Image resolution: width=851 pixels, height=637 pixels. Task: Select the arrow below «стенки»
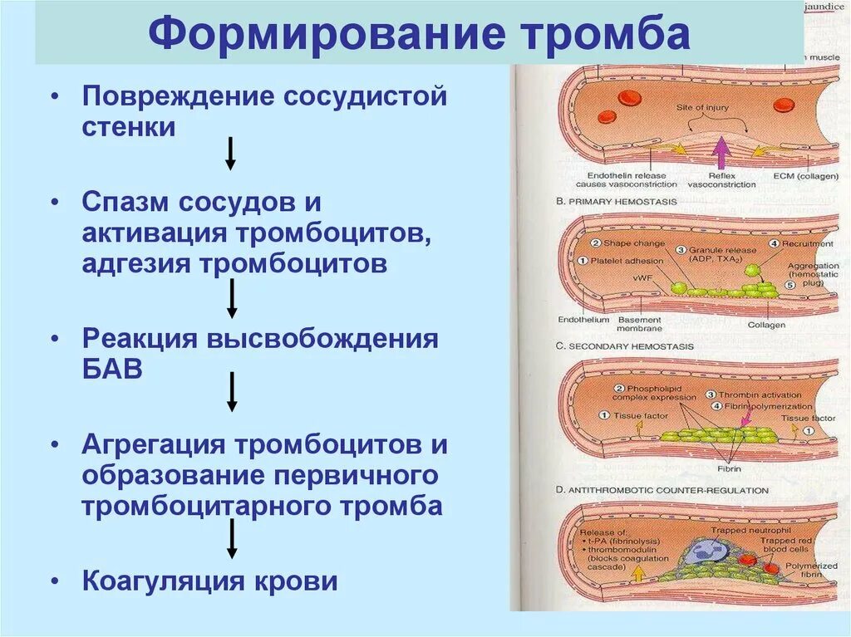click(x=231, y=154)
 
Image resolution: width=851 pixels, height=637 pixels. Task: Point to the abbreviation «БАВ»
click(x=112, y=370)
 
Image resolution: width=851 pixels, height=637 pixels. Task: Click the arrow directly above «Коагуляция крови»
click(x=233, y=539)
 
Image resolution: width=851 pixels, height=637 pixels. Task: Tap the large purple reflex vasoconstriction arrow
click(x=721, y=154)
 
